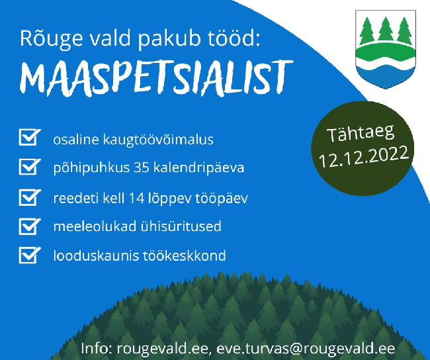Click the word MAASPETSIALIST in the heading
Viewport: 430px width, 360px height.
pos(157,78)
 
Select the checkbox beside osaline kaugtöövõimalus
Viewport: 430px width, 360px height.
pos(30,137)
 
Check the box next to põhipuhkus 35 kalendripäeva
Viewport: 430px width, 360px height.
pos(30,167)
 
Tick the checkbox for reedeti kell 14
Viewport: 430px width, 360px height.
pos(30,197)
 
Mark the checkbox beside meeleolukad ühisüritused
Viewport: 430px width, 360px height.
pos(30,226)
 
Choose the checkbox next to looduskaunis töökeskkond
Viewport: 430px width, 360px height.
pos(30,255)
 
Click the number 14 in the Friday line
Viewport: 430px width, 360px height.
pos(136,198)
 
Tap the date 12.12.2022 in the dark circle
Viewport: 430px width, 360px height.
pos(364,156)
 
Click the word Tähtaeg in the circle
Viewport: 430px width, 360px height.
pos(361,134)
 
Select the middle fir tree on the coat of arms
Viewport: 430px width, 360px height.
pos(386,30)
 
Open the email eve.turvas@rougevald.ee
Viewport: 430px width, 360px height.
pos(306,349)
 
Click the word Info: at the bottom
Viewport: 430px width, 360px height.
pos(97,349)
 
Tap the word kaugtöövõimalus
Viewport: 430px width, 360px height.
pos(158,140)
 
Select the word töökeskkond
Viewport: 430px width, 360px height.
pos(185,255)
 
